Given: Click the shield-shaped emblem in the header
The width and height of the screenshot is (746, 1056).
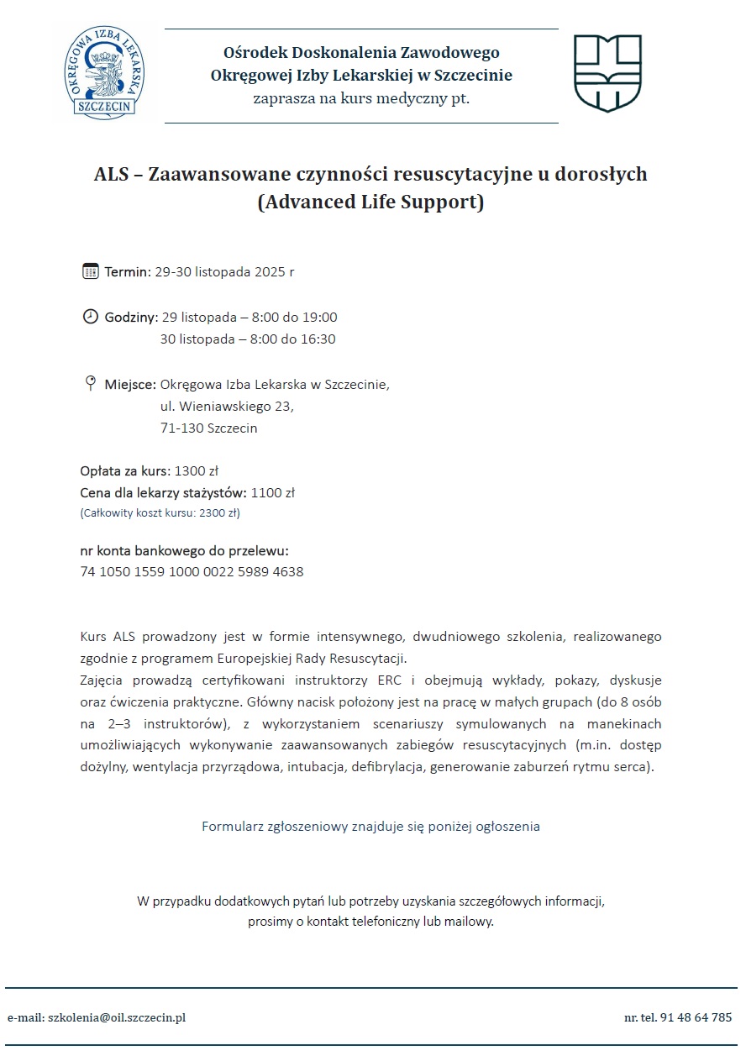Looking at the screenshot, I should pyautogui.click(x=607, y=73).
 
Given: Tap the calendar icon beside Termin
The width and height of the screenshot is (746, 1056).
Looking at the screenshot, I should pyautogui.click(x=91, y=271).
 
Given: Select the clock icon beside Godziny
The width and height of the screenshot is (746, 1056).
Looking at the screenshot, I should pyautogui.click(x=91, y=317).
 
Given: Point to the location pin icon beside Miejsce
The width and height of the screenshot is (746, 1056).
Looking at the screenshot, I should pyautogui.click(x=91, y=384).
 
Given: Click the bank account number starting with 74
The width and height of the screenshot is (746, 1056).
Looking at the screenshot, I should pyautogui.click(x=192, y=572).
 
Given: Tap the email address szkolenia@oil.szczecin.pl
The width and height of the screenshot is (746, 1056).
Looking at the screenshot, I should pyautogui.click(x=116, y=1017).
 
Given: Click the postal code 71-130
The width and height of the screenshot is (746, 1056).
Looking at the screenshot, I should pyautogui.click(x=181, y=428).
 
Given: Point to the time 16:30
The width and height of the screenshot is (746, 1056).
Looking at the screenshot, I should pyautogui.click(x=318, y=339).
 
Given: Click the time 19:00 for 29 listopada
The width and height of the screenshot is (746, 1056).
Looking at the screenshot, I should pyautogui.click(x=320, y=318).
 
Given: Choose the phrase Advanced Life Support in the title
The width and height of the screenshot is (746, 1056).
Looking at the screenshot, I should pyautogui.click(x=370, y=203).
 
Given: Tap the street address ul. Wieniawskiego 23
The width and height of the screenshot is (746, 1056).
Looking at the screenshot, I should pyautogui.click(x=227, y=407).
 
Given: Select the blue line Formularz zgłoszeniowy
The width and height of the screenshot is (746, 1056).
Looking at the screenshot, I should pyautogui.click(x=370, y=826).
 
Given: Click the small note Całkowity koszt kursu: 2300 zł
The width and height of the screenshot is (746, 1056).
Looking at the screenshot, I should pyautogui.click(x=160, y=512).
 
